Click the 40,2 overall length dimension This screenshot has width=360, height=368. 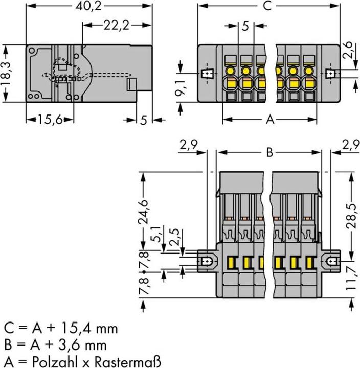pos(89,7)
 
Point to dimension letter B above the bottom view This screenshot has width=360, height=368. pos(269,152)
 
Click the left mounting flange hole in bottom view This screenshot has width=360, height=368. pos(206,262)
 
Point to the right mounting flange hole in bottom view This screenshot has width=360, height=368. pos(332,262)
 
